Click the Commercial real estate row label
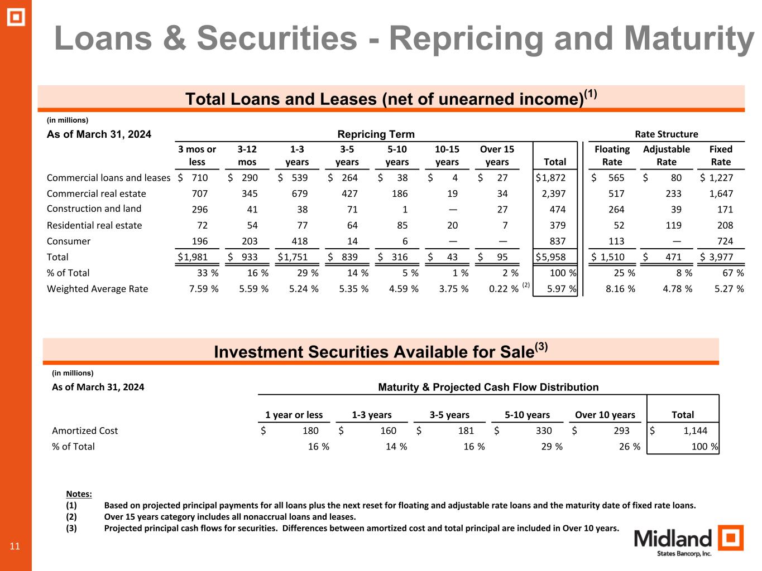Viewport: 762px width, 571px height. coord(96,193)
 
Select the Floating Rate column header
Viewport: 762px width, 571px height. coord(612,156)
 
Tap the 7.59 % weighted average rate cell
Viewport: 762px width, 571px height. coord(204,289)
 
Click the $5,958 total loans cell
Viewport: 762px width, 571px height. coord(550,257)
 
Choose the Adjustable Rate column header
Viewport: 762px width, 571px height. coord(666,156)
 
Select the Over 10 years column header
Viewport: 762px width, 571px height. coord(605,415)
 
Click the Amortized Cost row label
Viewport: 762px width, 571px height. coord(85,430)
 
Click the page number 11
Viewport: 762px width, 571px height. coord(15,546)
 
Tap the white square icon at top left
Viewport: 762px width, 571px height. coord(16,17)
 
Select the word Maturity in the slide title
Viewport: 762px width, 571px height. coord(688,38)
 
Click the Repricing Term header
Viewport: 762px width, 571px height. coord(376,134)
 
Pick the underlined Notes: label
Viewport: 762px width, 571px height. coord(79,494)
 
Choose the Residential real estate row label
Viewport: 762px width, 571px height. coord(94,225)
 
